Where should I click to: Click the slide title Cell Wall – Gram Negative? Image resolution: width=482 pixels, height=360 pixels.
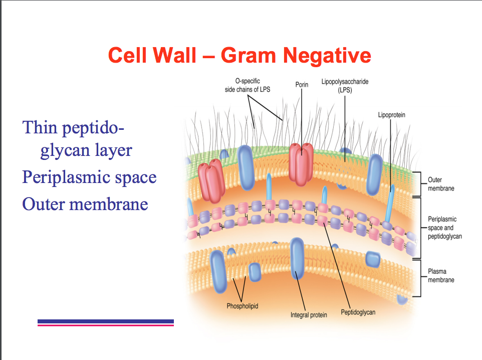click(239, 55)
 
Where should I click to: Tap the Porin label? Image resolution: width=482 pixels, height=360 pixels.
click(302, 85)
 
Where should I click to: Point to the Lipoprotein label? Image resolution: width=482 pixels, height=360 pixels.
click(391, 115)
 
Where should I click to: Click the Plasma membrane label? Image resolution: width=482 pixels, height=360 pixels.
click(441, 275)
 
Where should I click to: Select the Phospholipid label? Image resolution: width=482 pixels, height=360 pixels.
click(242, 306)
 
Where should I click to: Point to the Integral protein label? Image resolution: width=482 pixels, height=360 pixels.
click(309, 315)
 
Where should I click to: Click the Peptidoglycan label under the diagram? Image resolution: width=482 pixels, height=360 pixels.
click(358, 312)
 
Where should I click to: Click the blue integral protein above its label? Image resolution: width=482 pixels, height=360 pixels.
click(297, 258)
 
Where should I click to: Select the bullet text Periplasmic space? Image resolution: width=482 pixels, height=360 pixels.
click(89, 177)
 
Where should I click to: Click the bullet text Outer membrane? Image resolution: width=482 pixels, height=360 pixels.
click(85, 204)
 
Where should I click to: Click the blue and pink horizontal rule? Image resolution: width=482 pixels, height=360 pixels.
click(105, 322)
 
